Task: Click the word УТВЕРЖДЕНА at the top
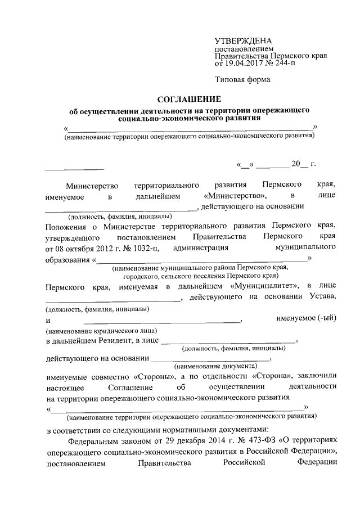pos(244,42)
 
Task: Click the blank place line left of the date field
pos(74,169)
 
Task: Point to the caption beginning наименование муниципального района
pos(200,268)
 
